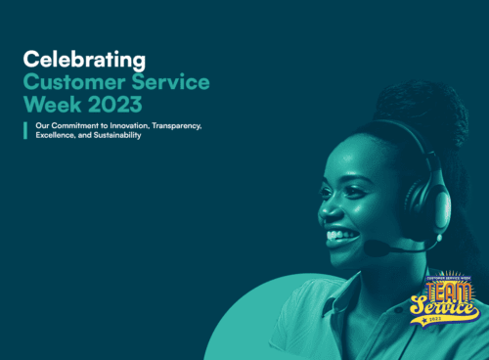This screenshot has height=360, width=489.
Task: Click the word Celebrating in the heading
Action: (x=84, y=61)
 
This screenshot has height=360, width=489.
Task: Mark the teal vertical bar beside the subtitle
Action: (x=25, y=131)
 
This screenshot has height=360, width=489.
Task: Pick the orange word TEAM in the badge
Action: (x=446, y=294)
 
